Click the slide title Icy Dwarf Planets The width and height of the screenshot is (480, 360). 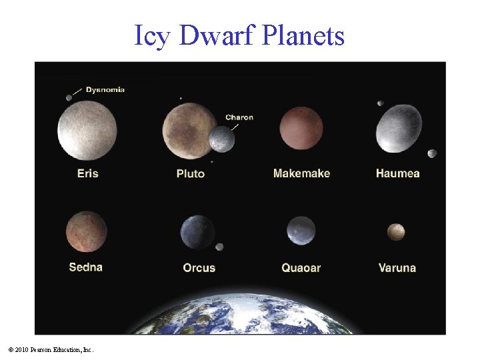click(239, 35)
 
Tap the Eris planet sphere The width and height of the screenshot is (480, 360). click(87, 130)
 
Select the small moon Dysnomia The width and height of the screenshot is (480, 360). click(69, 97)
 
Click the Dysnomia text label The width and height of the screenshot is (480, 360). click(105, 89)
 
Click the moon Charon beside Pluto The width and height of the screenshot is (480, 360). click(222, 139)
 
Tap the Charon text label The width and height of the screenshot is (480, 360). click(239, 117)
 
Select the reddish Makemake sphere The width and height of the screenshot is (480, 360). click(301, 129)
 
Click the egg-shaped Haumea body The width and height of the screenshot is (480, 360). click(399, 129)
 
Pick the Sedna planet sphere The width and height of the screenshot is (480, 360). click(87, 231)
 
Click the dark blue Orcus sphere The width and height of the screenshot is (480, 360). click(197, 232)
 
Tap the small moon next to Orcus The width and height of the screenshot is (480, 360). click(219, 247)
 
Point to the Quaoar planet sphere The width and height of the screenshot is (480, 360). click(301, 231)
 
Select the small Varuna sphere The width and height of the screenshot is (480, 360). click(397, 232)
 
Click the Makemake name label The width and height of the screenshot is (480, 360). click(301, 173)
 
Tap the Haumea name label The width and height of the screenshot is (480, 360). click(397, 173)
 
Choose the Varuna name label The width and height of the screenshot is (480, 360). click(397, 268)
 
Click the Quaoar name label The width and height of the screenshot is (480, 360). click(301, 268)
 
